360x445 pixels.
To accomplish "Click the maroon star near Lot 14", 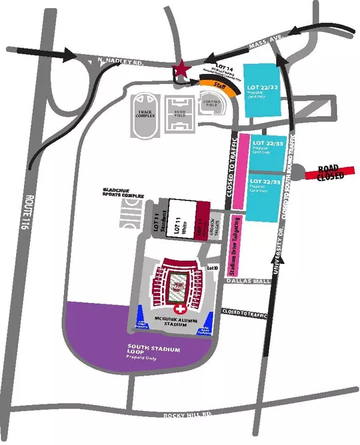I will pos(179,69).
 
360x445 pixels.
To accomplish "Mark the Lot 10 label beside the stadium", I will pos(213,267).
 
